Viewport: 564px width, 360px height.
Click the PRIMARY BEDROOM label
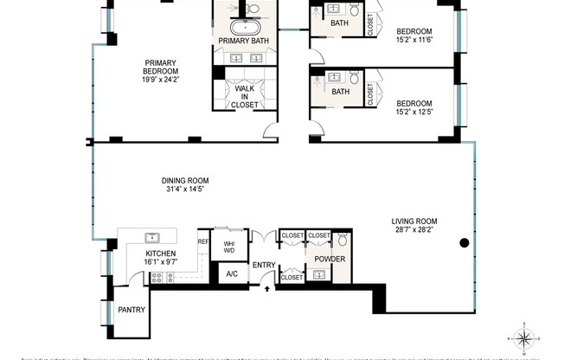tap(161, 67)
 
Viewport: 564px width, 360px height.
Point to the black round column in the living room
tap(465, 242)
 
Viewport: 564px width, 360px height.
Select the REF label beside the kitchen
tap(203, 241)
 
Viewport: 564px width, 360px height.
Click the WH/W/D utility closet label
tap(230, 247)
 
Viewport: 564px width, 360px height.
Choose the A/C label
tap(231, 274)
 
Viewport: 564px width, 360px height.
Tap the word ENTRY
tap(264, 264)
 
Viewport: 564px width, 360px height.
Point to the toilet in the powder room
tap(342, 240)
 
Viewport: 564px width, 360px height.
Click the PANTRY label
tap(131, 309)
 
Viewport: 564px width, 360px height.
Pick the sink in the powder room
tap(319, 275)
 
